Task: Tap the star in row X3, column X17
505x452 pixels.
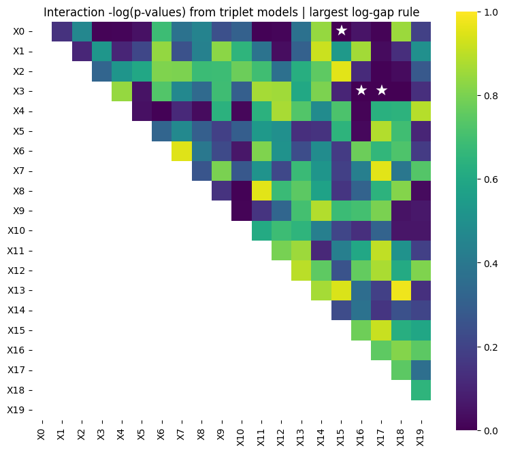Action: click(382, 90)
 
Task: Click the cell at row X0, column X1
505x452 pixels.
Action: click(61, 31)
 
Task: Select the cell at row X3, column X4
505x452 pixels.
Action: click(121, 90)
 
